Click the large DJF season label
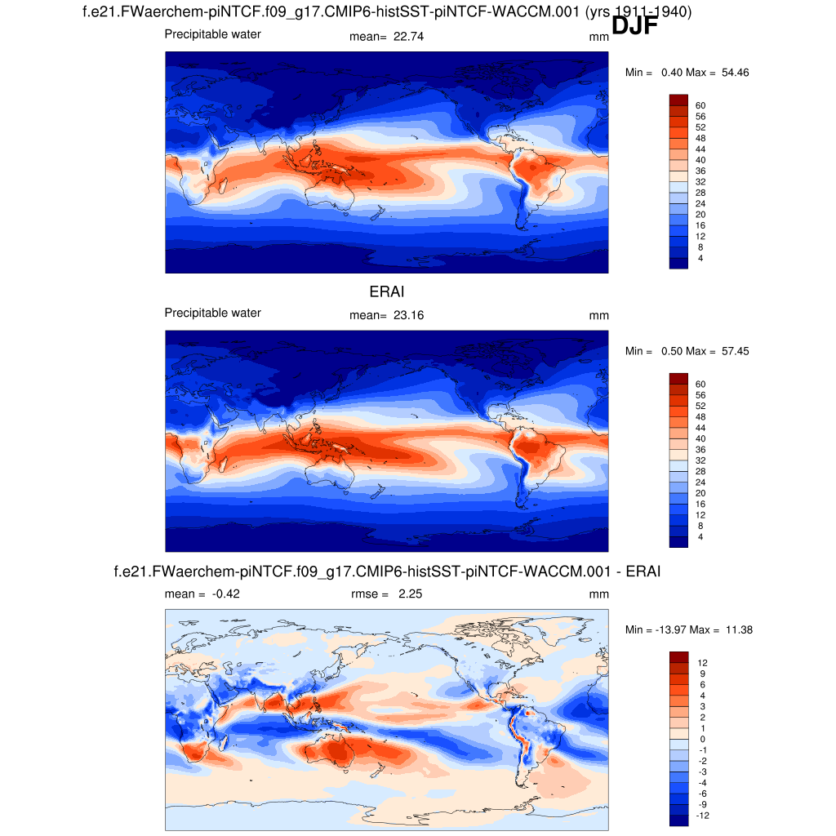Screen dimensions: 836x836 click(x=634, y=26)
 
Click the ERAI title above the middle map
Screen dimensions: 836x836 click(x=387, y=291)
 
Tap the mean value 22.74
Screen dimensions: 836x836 click(x=408, y=36)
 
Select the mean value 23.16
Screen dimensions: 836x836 click(x=408, y=315)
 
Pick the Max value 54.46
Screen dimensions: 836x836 click(x=735, y=73)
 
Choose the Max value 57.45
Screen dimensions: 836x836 click(x=735, y=351)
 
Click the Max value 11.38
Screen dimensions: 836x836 click(x=735, y=629)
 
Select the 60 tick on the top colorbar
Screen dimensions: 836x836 click(x=700, y=105)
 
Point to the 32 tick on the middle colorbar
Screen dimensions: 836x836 click(x=700, y=460)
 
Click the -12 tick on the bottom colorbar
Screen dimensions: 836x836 click(x=700, y=815)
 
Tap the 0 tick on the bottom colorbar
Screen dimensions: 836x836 click(x=700, y=739)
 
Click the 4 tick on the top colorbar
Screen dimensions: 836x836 click(x=700, y=258)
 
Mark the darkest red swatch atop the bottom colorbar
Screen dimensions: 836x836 click(x=679, y=657)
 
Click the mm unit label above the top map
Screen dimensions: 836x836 click(x=598, y=36)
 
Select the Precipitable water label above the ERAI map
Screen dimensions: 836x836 click(x=213, y=313)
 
